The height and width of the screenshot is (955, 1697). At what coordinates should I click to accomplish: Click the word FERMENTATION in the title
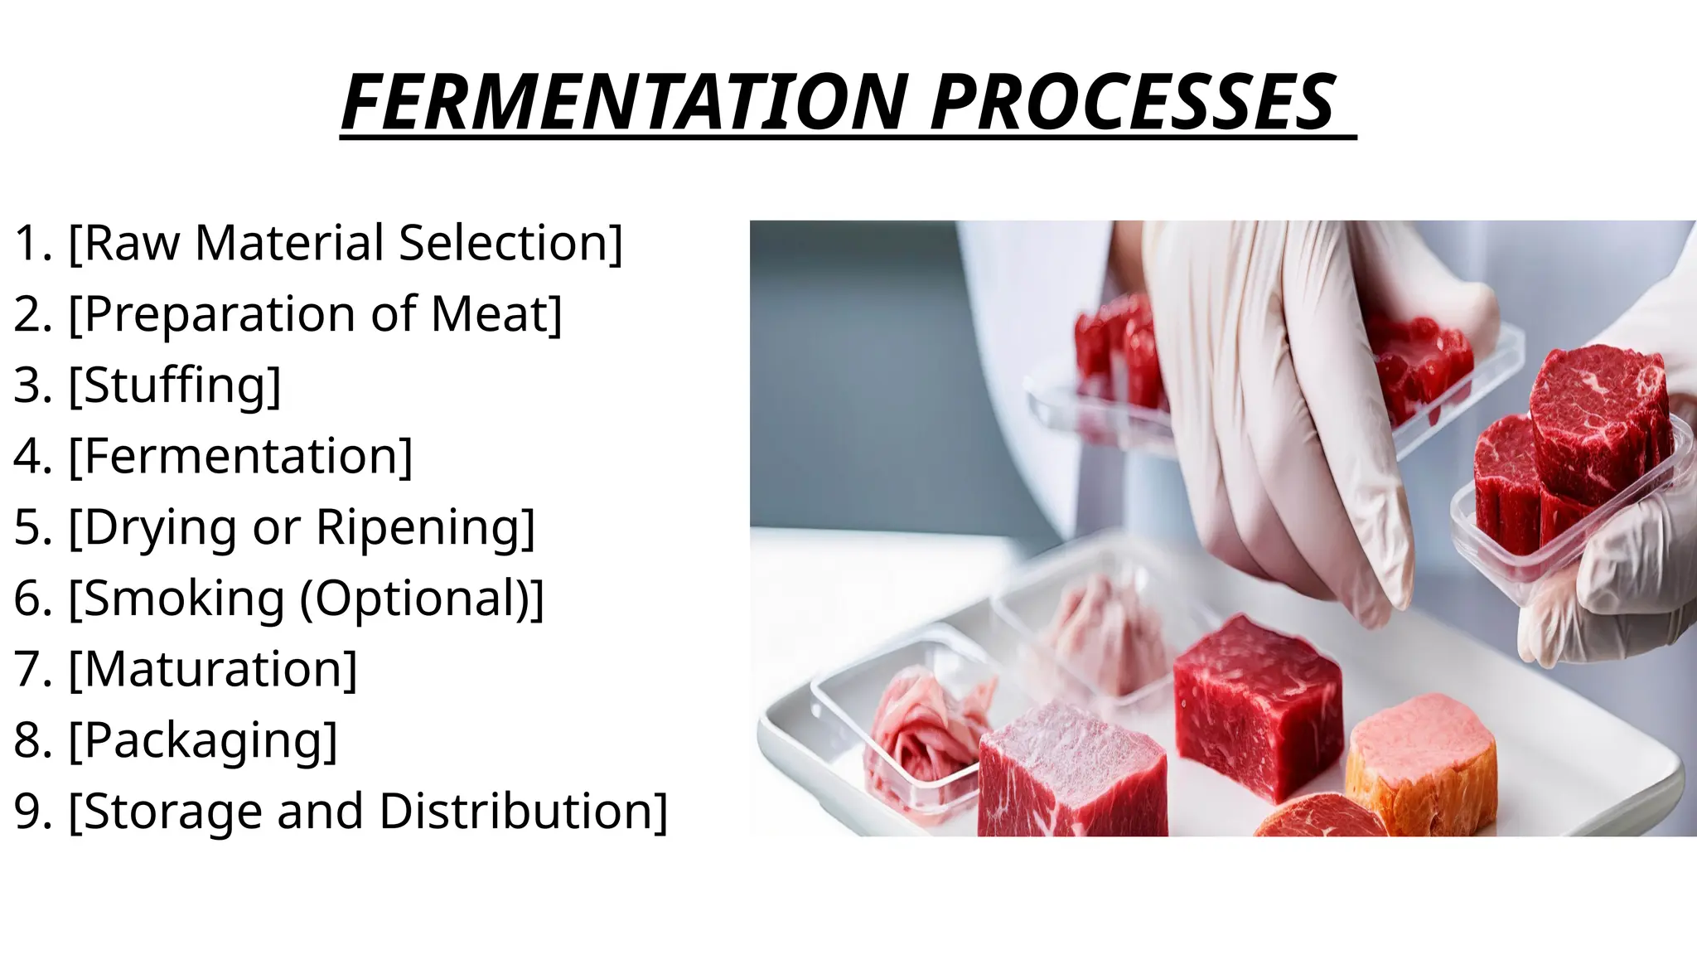[626, 103]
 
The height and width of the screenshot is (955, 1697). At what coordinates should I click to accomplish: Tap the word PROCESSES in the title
[1133, 103]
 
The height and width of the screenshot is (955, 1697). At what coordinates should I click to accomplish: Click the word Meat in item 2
[496, 314]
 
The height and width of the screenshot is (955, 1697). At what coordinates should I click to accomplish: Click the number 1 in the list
[29, 243]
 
